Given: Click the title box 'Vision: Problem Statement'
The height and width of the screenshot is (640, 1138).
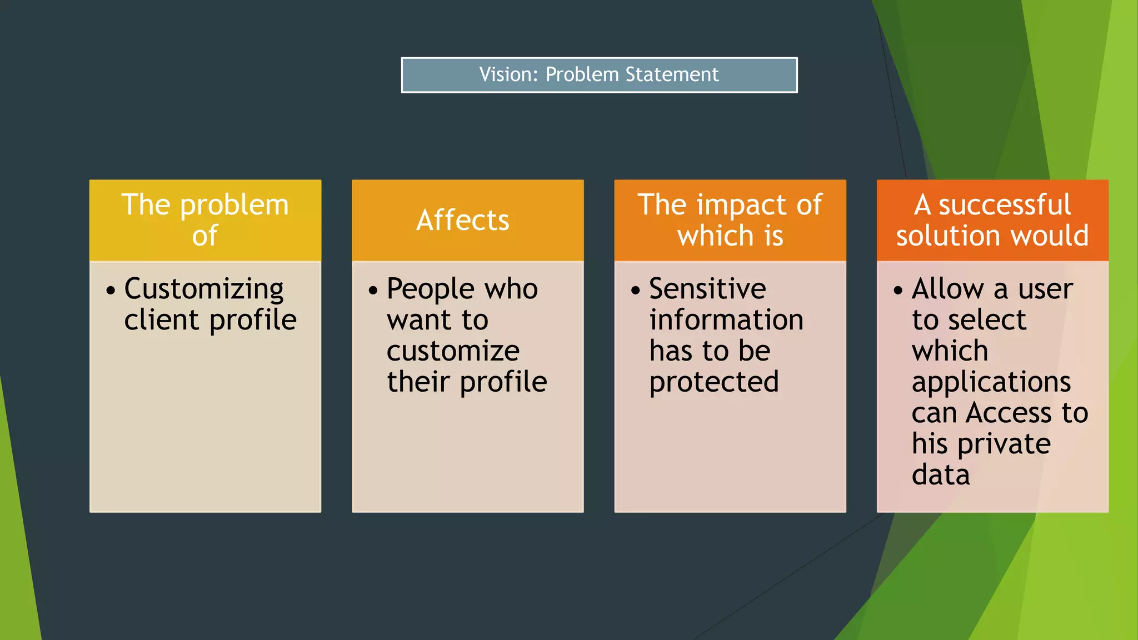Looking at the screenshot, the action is tap(599, 75).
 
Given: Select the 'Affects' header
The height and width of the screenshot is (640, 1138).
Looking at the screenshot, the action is tap(463, 220).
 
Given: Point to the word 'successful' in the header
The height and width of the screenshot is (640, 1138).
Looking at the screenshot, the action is tap(1005, 204).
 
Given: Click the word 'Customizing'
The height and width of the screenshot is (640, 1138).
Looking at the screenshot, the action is tap(204, 289).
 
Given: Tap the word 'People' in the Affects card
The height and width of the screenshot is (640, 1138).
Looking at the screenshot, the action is tap(431, 289).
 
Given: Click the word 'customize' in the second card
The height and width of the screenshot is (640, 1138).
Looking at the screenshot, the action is tap(453, 351).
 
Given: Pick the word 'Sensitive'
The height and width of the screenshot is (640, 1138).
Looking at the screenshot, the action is tap(707, 289).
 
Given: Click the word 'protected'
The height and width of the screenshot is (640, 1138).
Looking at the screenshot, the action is tap(714, 382).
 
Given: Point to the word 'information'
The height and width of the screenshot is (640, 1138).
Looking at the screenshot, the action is tap(726, 320).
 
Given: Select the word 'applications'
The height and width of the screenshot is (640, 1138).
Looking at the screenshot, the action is tap(991, 382).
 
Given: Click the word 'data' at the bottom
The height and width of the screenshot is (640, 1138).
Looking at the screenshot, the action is tap(941, 475).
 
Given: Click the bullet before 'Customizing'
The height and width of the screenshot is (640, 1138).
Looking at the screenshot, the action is tap(111, 291).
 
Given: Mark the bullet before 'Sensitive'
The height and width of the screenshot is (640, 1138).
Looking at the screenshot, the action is tap(636, 291).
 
